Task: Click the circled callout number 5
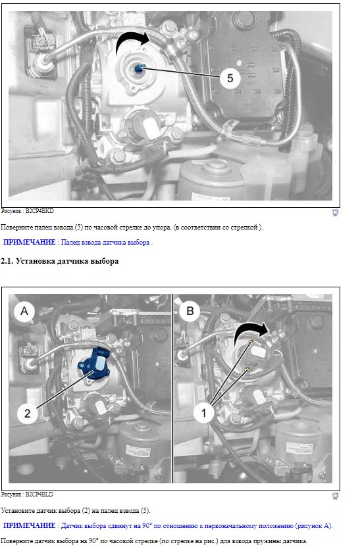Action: click(x=230, y=78)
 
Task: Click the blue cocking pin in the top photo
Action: click(x=139, y=68)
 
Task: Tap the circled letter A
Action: click(x=24, y=311)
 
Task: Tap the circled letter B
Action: click(x=190, y=311)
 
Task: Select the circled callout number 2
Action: click(x=27, y=413)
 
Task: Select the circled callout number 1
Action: click(x=203, y=412)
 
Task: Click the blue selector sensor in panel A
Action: click(x=94, y=363)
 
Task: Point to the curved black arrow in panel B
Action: click(x=250, y=331)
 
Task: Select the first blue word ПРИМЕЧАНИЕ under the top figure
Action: click(x=30, y=242)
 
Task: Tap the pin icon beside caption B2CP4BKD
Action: click(x=335, y=212)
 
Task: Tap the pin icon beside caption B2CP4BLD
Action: click(x=335, y=496)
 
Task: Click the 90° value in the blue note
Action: click(x=147, y=526)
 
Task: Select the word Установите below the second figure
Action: click(x=17, y=511)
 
